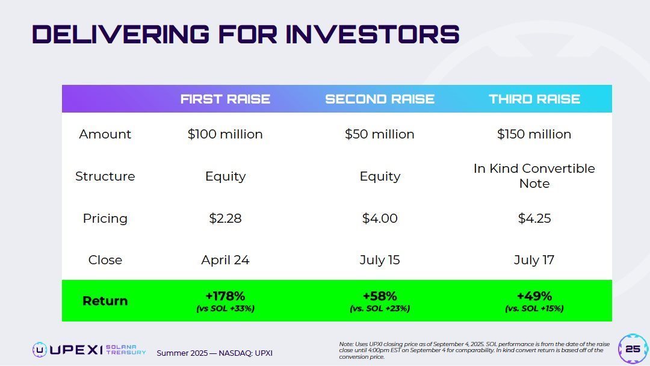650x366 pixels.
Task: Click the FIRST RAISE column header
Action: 225,99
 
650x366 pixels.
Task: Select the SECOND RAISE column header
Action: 380,99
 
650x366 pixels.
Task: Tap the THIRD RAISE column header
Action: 534,99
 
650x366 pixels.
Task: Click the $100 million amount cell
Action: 225,134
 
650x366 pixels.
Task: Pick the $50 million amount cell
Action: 380,134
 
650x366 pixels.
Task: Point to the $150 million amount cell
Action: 534,134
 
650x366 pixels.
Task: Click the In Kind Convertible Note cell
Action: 534,176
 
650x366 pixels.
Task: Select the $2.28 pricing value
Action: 225,219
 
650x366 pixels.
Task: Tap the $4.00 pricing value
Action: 380,219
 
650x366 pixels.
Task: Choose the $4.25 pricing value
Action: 534,219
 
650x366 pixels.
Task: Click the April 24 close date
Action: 225,260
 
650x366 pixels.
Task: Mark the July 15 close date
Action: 380,260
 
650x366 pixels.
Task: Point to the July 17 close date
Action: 534,260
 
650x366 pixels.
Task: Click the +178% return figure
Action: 225,296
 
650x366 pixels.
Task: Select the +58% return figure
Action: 380,296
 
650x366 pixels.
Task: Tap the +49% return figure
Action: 534,296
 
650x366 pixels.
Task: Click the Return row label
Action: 105,301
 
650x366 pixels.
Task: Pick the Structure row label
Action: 105,176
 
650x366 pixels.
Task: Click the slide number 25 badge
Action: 633,349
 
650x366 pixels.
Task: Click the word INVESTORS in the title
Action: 373,34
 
